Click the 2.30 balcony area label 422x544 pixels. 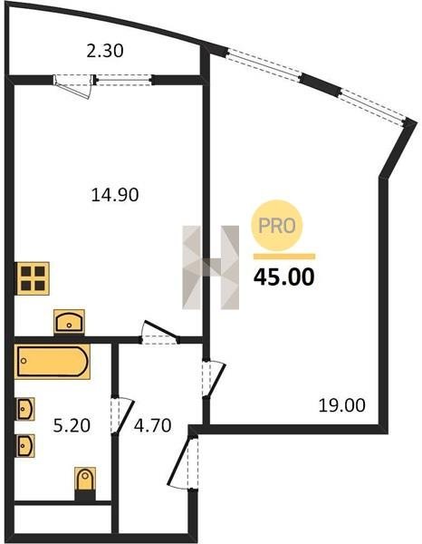click(105, 51)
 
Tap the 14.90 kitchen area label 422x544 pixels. click(115, 195)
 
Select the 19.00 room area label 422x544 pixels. click(341, 405)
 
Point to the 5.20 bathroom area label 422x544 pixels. click(72, 425)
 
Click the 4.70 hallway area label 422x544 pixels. click(153, 425)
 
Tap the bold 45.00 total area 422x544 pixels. click(284, 277)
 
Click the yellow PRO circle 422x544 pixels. click(277, 226)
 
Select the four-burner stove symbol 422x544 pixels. click(33, 278)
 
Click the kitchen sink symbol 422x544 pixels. click(69, 322)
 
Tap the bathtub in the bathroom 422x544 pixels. click(53, 361)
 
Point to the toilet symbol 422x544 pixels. click(85, 480)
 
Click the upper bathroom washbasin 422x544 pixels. click(25, 409)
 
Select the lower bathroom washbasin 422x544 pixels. click(25, 446)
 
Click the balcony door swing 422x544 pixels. click(74, 87)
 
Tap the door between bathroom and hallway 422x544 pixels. click(122, 415)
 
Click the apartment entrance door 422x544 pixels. click(183, 463)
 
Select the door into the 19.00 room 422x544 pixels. click(215, 379)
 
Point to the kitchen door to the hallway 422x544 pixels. click(159, 333)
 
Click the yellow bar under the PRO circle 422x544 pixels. click(284, 257)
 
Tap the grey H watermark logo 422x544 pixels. click(211, 267)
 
